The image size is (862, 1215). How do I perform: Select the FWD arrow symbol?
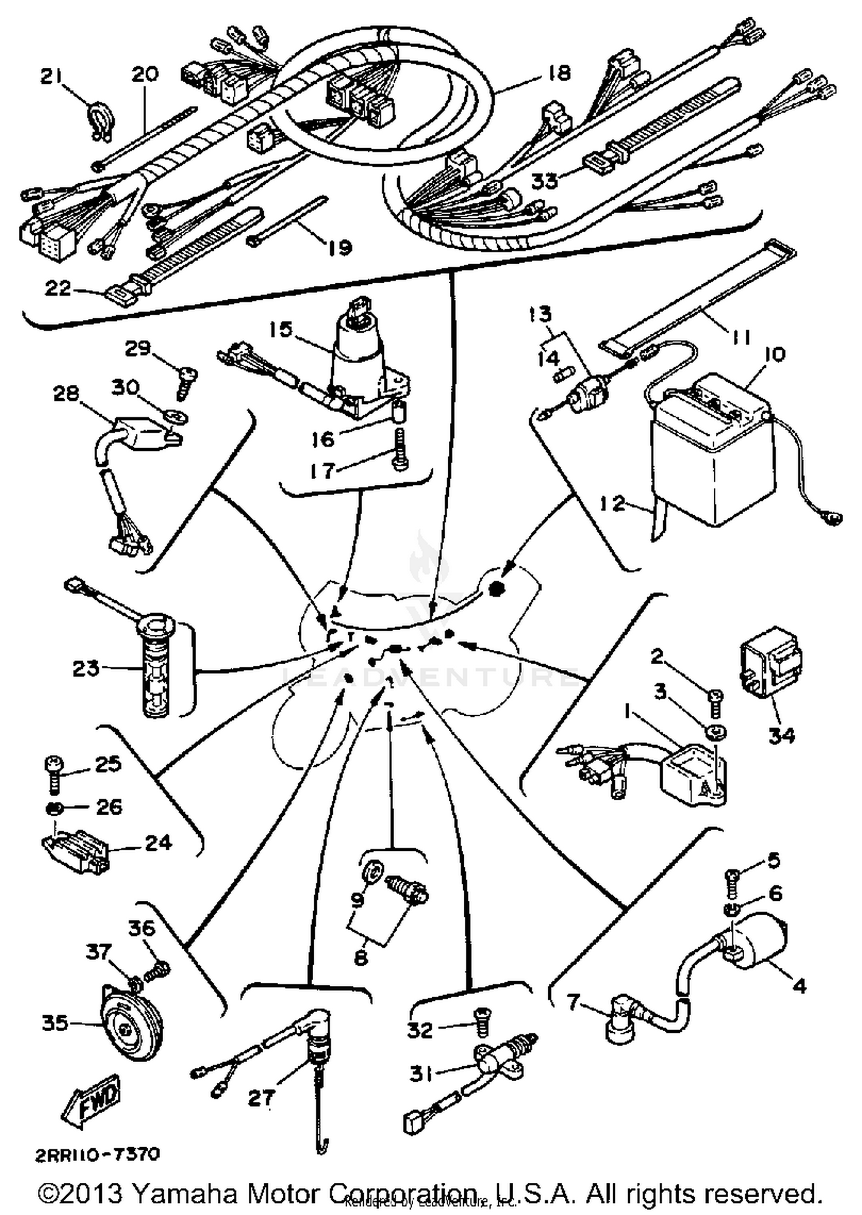point(90,1100)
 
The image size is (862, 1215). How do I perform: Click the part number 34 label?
point(782,735)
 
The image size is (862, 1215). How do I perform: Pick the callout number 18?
point(560,73)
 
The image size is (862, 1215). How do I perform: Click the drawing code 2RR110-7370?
point(98,1154)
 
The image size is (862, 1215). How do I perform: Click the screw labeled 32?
point(482,1026)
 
